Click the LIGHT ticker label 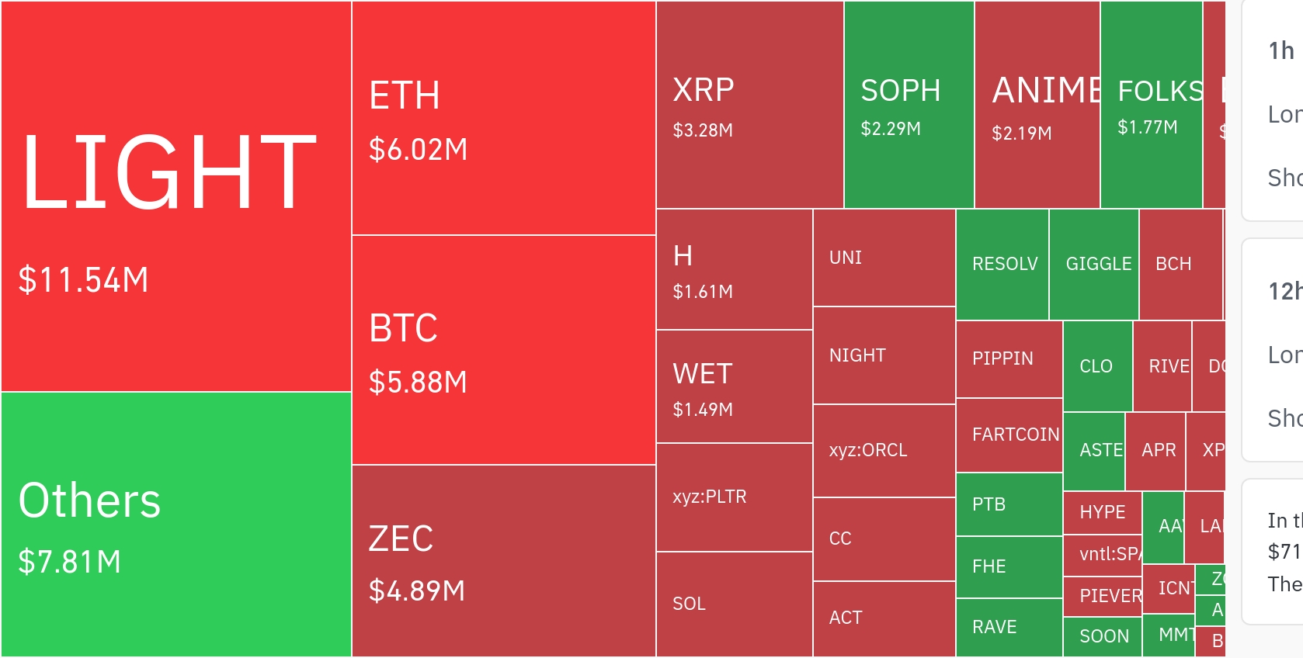[169, 172]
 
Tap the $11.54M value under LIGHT [83, 280]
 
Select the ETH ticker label [405, 96]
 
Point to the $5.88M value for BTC [418, 383]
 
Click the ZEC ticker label [401, 539]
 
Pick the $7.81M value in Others [70, 562]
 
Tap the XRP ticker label [704, 91]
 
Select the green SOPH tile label [901, 92]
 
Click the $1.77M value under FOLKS [1147, 127]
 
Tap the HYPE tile [1102, 512]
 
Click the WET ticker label [703, 374]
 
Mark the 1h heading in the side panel [1281, 51]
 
